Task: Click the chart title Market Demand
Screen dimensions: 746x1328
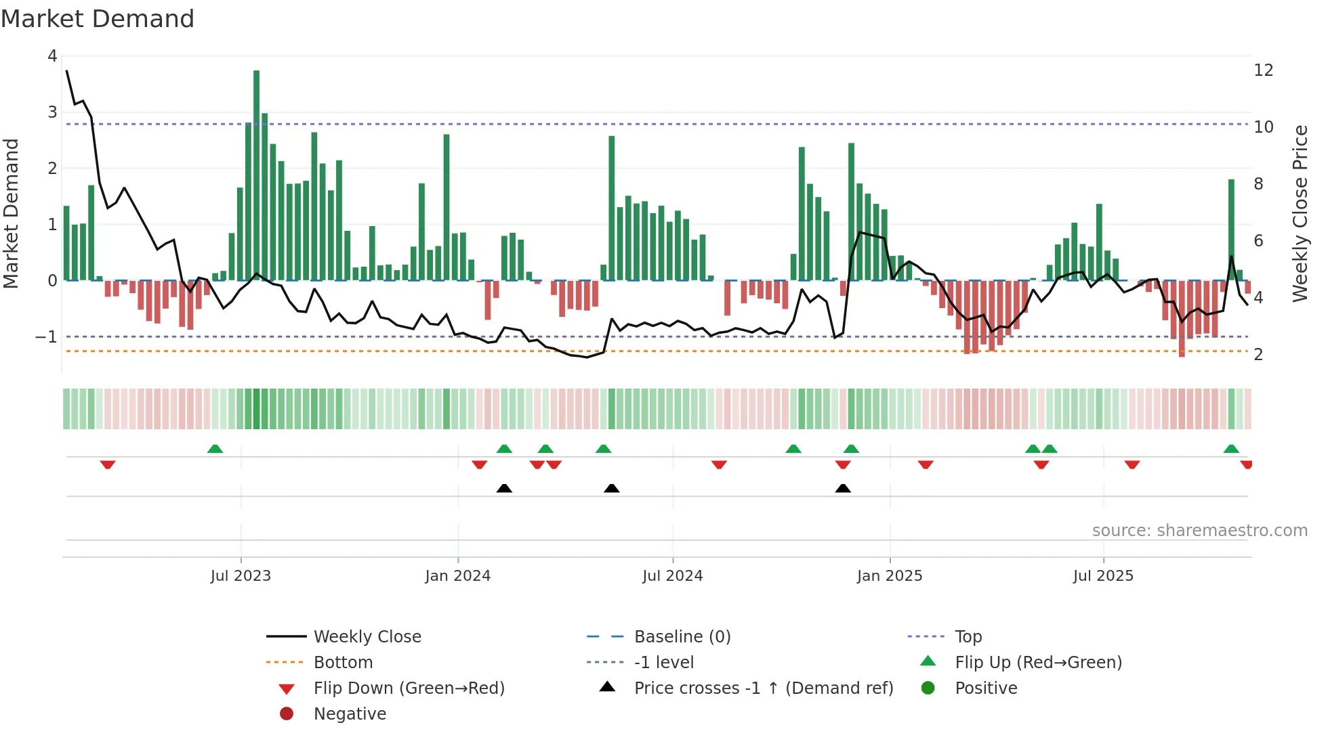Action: pos(98,19)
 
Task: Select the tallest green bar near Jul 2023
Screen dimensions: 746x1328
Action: pos(256,176)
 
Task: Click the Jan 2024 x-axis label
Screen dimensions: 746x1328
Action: pos(457,576)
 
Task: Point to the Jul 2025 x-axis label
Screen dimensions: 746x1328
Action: pos(1102,576)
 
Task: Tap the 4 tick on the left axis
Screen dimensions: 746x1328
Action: pos(52,56)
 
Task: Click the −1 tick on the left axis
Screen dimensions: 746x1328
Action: pos(47,336)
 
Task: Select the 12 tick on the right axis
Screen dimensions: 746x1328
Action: pos(1263,70)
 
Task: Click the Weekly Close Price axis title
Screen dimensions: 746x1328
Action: pos(1300,213)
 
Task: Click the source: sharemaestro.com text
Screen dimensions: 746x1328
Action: pos(1199,531)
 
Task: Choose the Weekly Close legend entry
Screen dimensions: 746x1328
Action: pos(367,637)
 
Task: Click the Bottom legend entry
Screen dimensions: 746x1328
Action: pos(343,663)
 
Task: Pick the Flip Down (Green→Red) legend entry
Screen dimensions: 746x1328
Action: pos(409,688)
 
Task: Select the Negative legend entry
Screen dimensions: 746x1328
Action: pos(350,714)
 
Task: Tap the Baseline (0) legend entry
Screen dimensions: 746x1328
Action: pos(682,637)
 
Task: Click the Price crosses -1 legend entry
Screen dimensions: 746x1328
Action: pos(763,688)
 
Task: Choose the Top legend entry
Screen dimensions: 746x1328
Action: pos(968,637)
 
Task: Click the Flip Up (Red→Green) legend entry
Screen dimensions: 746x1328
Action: pos(1038,663)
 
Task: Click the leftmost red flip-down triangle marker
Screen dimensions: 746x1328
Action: pos(108,464)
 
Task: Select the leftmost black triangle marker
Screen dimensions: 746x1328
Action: pos(504,488)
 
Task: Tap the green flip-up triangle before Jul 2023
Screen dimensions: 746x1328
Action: pos(215,449)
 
